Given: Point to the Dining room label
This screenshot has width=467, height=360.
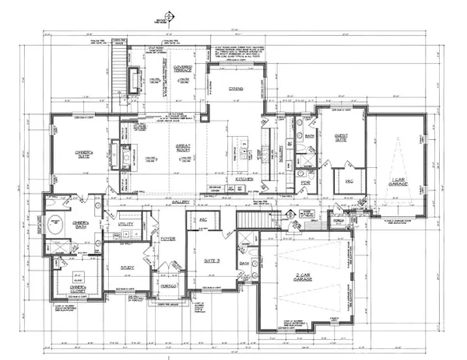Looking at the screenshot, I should tap(237, 89).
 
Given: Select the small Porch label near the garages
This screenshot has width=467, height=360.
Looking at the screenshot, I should tap(337, 220).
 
